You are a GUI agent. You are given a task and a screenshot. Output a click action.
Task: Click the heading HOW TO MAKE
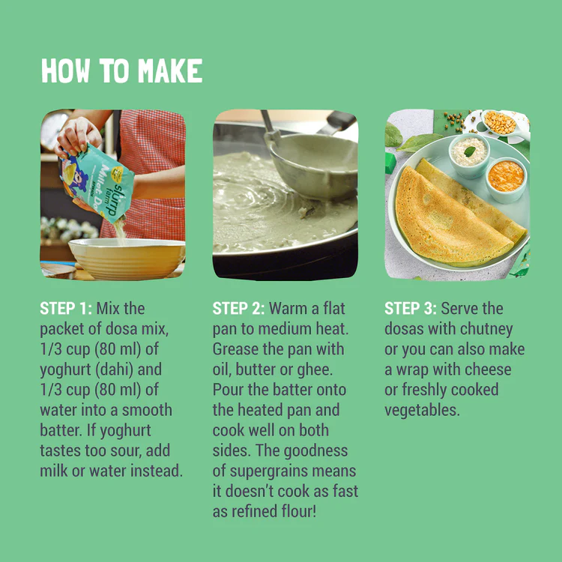point(122,70)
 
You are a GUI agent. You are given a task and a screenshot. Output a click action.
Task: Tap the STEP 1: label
point(66,308)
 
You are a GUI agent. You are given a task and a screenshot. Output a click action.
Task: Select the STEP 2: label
point(238,308)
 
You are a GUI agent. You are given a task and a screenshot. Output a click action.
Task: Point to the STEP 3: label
point(411,308)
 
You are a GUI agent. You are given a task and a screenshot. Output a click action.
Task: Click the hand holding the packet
point(78,137)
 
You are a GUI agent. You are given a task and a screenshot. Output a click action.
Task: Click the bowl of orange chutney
point(506,179)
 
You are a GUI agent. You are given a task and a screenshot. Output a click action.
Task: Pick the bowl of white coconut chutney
point(469,155)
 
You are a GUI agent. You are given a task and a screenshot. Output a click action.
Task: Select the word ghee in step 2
point(315,370)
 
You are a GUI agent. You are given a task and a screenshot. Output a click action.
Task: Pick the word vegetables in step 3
point(422,411)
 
